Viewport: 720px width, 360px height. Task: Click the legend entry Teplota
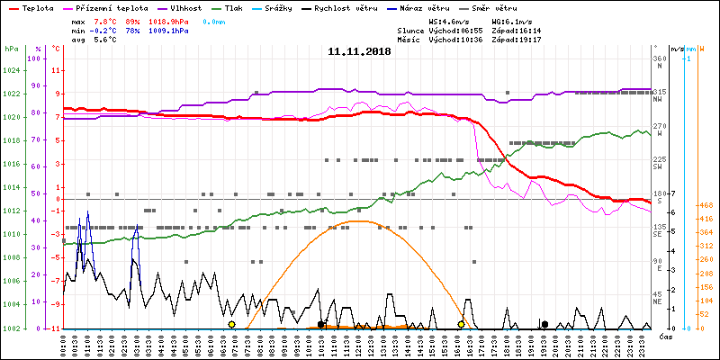[x=37, y=7]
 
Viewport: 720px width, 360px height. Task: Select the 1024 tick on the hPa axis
[x=12, y=71]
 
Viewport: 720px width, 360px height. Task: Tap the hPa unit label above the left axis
[x=11, y=49]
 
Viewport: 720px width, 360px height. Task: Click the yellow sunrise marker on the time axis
[x=231, y=324]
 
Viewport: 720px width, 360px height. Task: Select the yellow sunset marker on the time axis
[x=462, y=324]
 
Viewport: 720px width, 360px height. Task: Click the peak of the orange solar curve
[x=359, y=220]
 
